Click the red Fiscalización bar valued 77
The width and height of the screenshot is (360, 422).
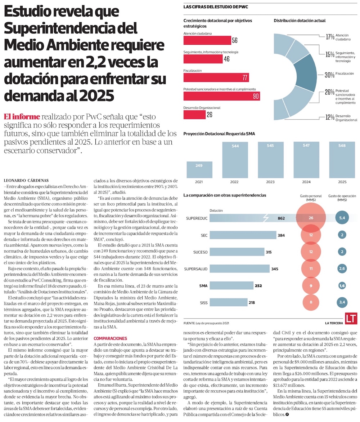216,77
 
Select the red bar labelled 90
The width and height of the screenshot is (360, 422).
221,96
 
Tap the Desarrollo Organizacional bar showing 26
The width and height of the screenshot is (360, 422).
194,115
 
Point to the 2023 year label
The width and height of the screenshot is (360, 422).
270,182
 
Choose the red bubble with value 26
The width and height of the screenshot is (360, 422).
311,218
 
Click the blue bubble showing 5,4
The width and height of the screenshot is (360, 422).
342,218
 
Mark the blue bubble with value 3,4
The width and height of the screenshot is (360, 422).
342,302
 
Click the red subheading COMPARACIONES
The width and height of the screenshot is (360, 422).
110,338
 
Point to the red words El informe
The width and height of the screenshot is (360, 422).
21,117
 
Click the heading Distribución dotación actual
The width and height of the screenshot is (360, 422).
300,21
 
